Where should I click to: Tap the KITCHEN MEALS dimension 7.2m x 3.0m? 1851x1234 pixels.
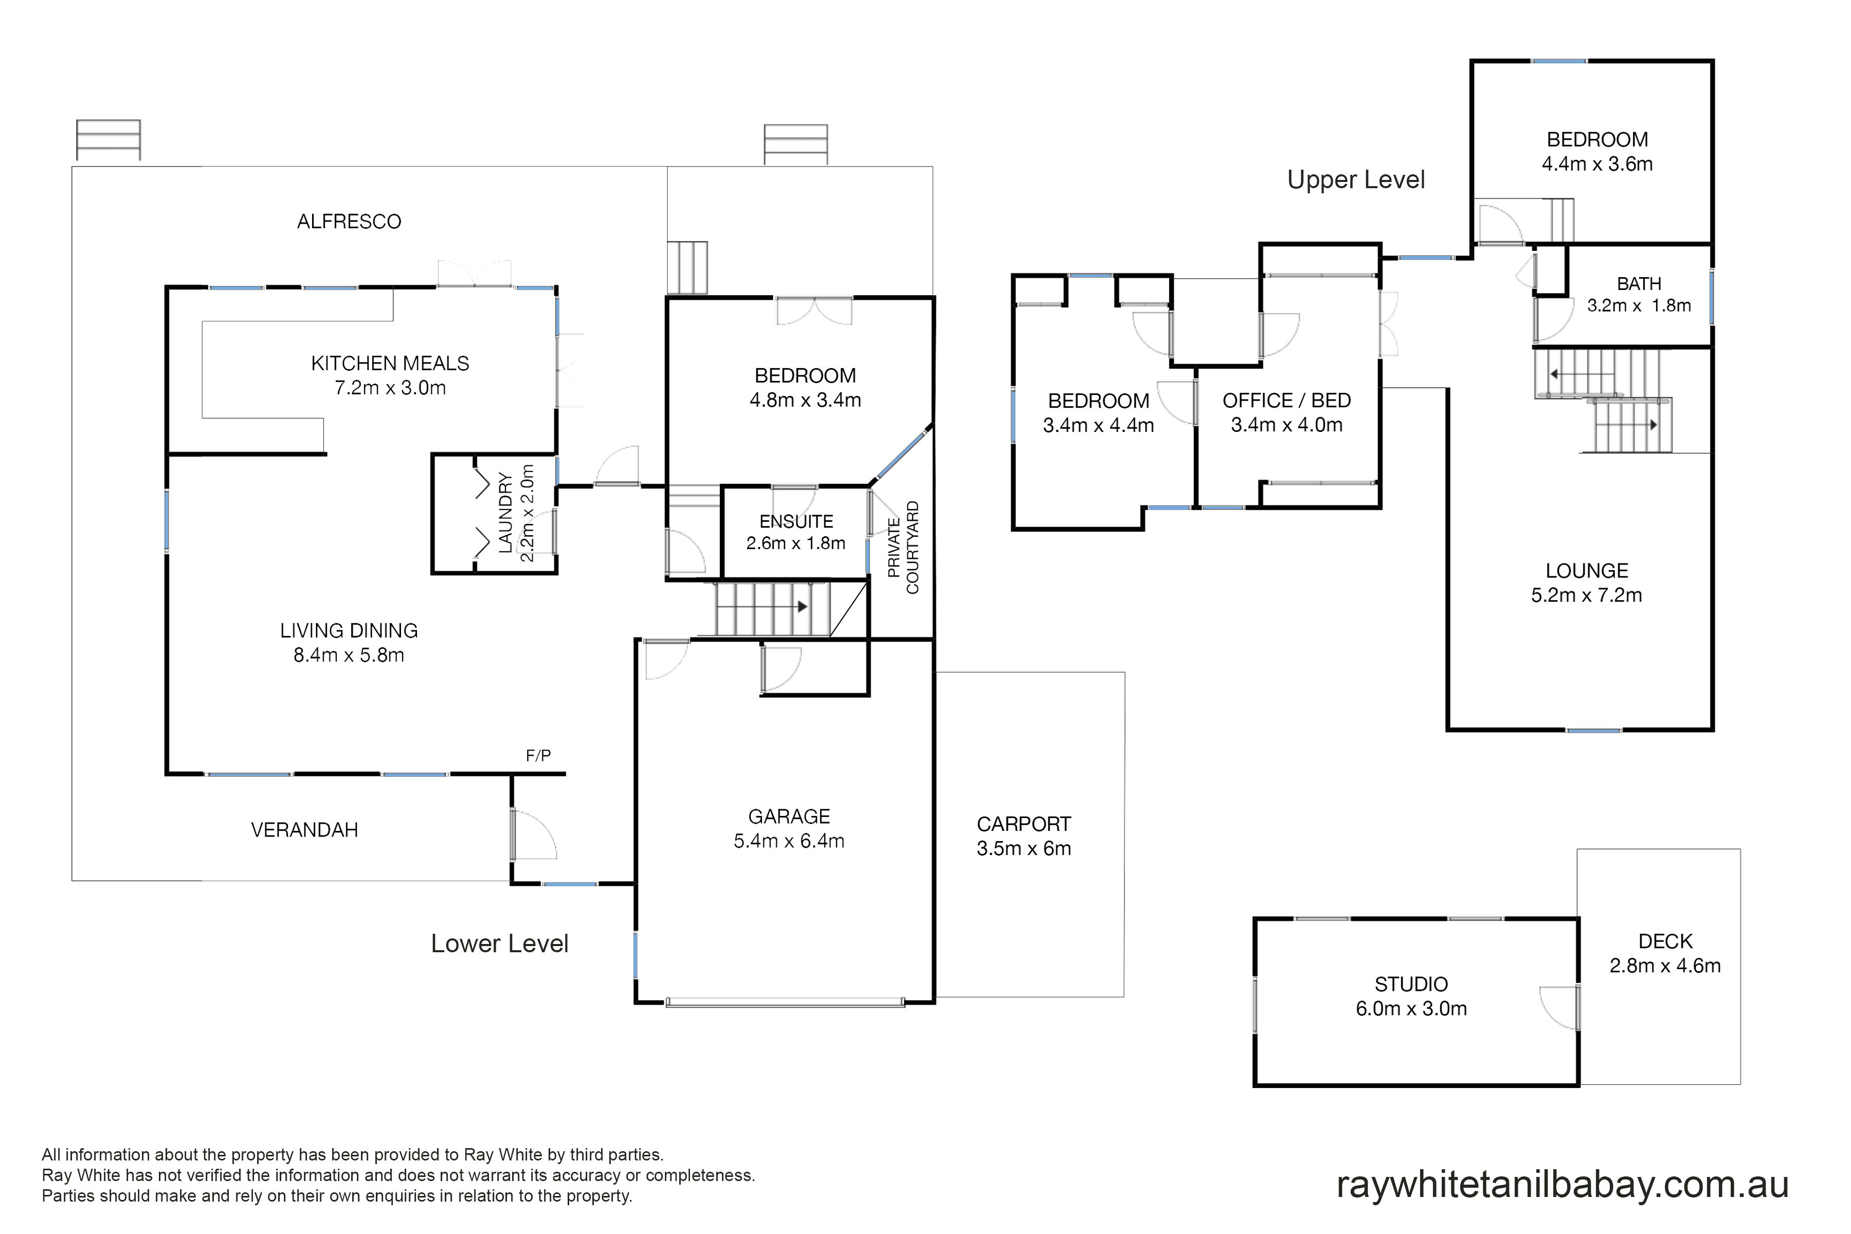(390, 388)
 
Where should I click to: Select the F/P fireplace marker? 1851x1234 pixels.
(538, 755)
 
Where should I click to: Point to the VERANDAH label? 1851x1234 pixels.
(304, 830)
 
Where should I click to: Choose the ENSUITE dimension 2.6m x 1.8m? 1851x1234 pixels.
(795, 543)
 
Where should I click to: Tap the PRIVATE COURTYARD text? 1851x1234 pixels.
(903, 548)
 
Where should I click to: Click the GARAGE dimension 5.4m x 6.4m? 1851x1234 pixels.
(789, 841)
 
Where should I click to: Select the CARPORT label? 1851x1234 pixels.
(1024, 824)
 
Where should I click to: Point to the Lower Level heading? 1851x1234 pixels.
(500, 943)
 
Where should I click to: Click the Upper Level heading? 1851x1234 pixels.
(1356, 180)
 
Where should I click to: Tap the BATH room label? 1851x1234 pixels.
(1639, 284)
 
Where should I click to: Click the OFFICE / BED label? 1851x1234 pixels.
(1287, 401)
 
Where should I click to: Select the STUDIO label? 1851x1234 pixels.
(1411, 985)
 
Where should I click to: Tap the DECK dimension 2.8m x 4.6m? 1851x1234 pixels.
(1665, 966)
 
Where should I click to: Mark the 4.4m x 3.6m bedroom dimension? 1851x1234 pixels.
(1597, 165)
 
